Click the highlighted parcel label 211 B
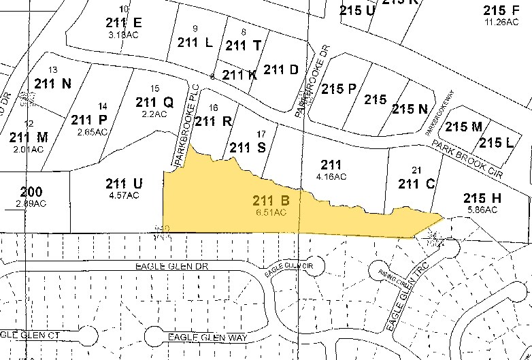[271, 201]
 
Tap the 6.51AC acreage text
[271, 212]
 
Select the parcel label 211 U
[124, 183]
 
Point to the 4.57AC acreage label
[124, 195]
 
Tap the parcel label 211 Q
[154, 102]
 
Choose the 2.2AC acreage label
[154, 114]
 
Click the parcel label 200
[31, 192]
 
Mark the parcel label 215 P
[339, 89]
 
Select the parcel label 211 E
[123, 22]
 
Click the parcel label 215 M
[463, 127]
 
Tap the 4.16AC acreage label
[331, 176]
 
